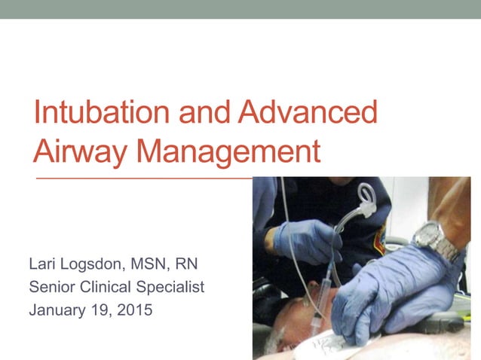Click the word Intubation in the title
coord(103,113)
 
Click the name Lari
coord(42,264)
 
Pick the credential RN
coord(189,264)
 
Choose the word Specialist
coord(176,286)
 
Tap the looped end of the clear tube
coord(367,197)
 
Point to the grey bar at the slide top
coord(240,9)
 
